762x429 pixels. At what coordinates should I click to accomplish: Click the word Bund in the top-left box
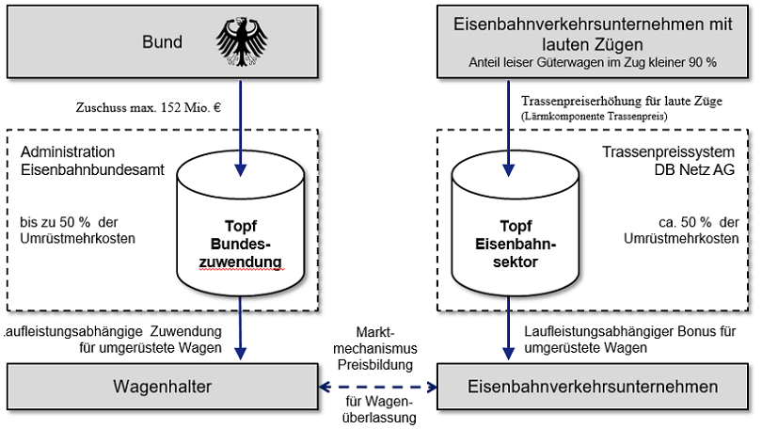click(163, 42)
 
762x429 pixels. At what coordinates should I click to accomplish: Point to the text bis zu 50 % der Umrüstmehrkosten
click(78, 230)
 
